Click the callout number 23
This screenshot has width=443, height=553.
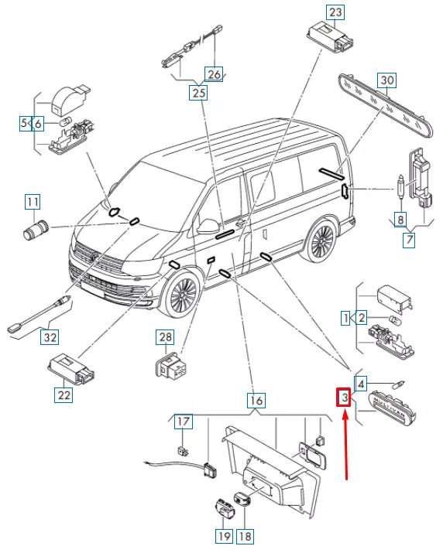(335, 12)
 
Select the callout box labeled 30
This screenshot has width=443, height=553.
(387, 80)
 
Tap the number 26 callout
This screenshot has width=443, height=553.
(214, 74)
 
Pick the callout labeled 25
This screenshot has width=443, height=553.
(198, 92)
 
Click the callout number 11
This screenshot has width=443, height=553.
(33, 202)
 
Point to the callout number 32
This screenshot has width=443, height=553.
(50, 337)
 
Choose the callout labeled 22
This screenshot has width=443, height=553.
(64, 394)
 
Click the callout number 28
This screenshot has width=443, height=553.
(165, 337)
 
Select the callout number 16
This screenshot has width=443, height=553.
(256, 401)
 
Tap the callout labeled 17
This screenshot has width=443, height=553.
(184, 421)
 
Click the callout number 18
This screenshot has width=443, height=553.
(245, 537)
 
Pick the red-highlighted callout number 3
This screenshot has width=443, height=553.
(344, 398)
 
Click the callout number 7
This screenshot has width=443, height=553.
(409, 240)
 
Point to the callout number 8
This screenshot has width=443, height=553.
(400, 220)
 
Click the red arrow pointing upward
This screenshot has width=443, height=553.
(346, 447)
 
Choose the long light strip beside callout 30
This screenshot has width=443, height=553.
(386, 104)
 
